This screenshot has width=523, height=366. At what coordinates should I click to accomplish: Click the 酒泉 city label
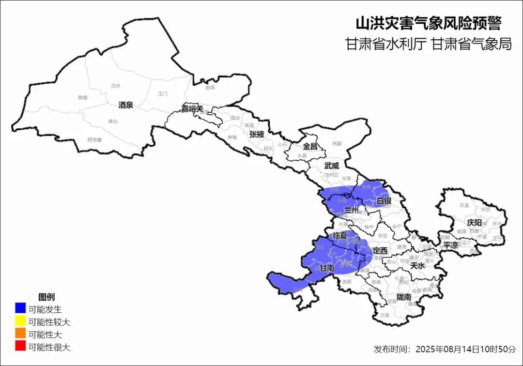pos(125,105)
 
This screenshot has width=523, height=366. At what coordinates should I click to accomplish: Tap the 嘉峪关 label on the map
pos(192,108)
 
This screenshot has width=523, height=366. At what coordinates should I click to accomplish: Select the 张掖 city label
pos(257,134)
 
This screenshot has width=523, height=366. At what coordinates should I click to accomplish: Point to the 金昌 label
pos(310,146)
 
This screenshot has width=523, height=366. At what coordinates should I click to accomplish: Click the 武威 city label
pos(332,165)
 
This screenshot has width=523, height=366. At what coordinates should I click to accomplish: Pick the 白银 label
pos(384,200)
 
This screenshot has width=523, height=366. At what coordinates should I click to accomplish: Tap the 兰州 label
pos(351,210)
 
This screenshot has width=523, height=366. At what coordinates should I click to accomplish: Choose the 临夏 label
pos(340,235)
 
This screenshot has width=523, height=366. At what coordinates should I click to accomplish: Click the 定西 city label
pos(380,251)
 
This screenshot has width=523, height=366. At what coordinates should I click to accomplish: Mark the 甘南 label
pos(327,268)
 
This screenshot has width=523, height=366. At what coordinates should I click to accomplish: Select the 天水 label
pos(417,265)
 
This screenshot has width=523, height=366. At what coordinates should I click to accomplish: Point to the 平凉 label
pos(450,245)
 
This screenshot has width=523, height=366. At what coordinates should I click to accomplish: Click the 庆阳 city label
pos(475,222)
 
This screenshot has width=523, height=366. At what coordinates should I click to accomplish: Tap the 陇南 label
pos(403,297)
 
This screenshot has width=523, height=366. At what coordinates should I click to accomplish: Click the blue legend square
pos(20,308)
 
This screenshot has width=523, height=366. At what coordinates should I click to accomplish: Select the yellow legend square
pos(20,321)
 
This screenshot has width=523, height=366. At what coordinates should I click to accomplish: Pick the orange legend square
pos(20,334)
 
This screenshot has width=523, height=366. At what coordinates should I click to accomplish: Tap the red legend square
pos(20,347)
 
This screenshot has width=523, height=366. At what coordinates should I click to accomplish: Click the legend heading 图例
pos(46,296)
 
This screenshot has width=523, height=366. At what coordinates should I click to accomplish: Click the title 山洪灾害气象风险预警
pos(428,23)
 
